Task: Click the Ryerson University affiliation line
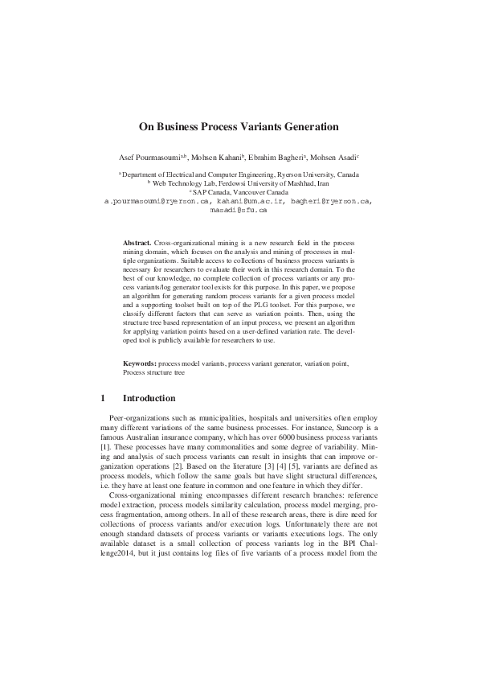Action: click(239, 174)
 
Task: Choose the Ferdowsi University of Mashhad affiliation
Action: click(239, 183)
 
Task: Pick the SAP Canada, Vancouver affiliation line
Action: click(239, 192)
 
